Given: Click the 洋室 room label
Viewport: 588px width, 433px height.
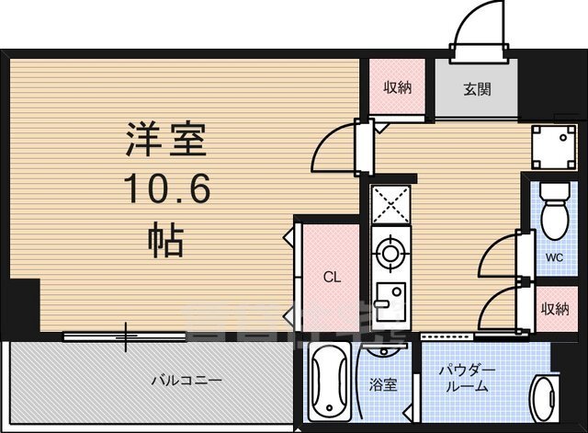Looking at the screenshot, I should [167, 142].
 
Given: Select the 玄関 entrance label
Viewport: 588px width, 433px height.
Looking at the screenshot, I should [477, 90].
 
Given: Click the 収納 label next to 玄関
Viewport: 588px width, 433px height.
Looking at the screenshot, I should [397, 88].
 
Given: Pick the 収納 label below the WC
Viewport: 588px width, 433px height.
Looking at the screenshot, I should [553, 309].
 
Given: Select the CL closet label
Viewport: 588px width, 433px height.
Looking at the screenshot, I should [332, 275].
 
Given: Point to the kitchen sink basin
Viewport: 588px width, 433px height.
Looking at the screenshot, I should [391, 301].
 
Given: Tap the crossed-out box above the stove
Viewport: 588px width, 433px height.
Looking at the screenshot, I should [393, 206].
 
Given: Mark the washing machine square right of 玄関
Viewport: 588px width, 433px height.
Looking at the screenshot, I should [552, 147].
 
